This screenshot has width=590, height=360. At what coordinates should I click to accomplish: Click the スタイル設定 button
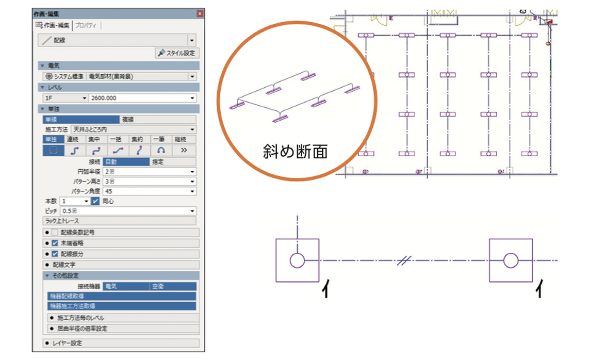point(177,53)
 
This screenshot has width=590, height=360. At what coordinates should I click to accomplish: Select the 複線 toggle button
point(158,119)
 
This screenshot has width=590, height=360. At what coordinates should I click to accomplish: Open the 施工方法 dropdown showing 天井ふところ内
point(133,129)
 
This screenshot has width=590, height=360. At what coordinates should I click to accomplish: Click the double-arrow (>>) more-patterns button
point(184,150)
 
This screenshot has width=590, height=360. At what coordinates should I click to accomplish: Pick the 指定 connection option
point(173,161)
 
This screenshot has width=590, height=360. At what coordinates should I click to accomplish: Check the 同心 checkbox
point(95,201)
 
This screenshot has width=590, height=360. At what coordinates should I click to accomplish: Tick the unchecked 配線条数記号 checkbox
point(55,233)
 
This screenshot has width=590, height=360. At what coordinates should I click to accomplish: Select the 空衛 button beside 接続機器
point(173,286)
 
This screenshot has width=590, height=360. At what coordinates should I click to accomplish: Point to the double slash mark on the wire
point(403,261)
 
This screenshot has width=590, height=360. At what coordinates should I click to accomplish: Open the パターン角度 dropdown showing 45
point(150,191)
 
